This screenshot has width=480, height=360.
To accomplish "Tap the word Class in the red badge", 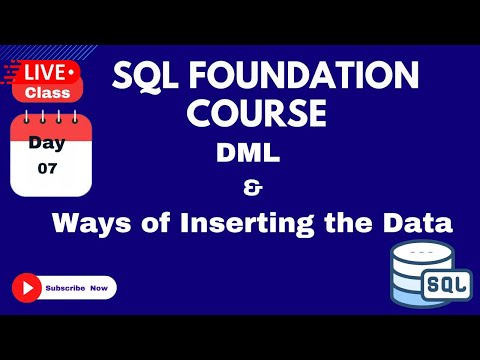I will tap(47, 91).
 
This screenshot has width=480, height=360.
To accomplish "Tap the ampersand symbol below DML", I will tap(249, 187).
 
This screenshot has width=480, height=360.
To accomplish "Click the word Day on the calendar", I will tap(47, 142).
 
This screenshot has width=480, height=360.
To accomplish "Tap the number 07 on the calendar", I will tap(48, 169).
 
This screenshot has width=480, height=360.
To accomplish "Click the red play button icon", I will tap(26, 288).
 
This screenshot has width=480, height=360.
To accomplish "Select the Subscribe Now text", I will tap(78, 289).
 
